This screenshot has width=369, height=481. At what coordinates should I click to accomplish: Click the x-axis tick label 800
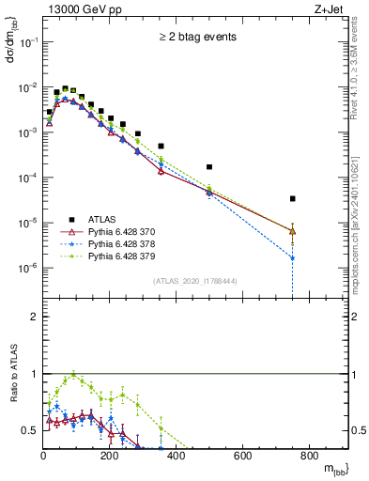pyautogui.click(x=309, y=457)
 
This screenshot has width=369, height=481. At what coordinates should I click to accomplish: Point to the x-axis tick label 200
pyautogui.click(x=110, y=457)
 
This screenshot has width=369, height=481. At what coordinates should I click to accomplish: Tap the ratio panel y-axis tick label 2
pyautogui.click(x=34, y=317)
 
